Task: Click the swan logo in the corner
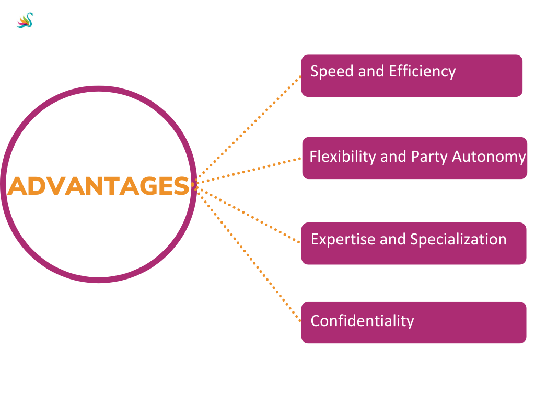(25, 20)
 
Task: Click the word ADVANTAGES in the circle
(99, 186)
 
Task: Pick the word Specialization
(458, 239)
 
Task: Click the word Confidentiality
(362, 320)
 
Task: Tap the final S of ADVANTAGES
(181, 186)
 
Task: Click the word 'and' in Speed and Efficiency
(369, 72)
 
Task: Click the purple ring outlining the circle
(99, 90)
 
